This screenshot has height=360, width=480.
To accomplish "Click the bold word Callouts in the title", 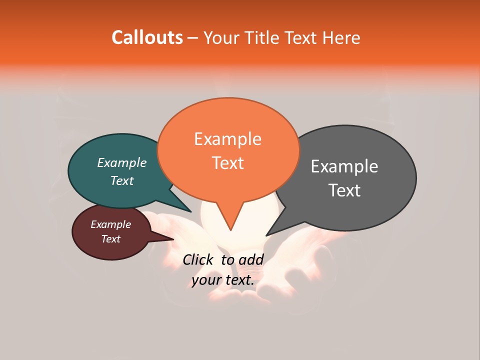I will click(147, 37).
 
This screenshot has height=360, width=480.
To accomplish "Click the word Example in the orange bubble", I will click(227, 139).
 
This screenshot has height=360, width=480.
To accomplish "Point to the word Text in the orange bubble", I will click(227, 163).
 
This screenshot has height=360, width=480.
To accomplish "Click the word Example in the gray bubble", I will click(344, 166).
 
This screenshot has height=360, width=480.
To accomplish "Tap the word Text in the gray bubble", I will click(344, 190).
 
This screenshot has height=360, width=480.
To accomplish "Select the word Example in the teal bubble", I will click(121, 163).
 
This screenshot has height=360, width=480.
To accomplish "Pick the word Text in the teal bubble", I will click(121, 180).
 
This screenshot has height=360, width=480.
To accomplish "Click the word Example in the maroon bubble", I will click(110, 224).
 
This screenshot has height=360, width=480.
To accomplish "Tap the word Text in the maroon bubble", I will click(110, 239).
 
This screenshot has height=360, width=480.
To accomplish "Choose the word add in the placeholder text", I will click(251, 259).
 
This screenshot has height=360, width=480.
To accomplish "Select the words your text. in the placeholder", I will click(223, 280).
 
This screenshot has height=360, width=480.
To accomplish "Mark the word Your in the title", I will click(218, 38).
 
